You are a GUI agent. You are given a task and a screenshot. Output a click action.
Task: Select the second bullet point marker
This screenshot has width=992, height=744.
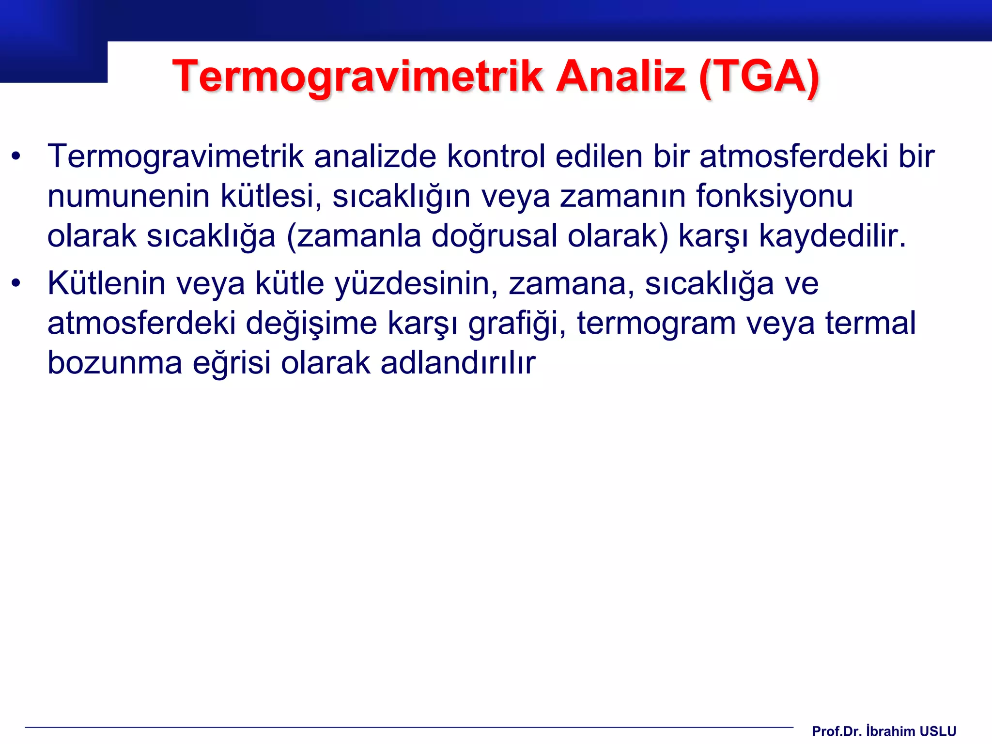[x=16, y=284]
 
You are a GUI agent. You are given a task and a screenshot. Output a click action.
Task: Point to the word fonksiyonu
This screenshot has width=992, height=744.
[x=775, y=196]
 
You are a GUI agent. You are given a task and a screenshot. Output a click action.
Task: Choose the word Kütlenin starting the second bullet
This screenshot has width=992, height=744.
[x=107, y=283]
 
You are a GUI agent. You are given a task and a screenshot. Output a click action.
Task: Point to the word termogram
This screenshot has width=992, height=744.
[x=656, y=324]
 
